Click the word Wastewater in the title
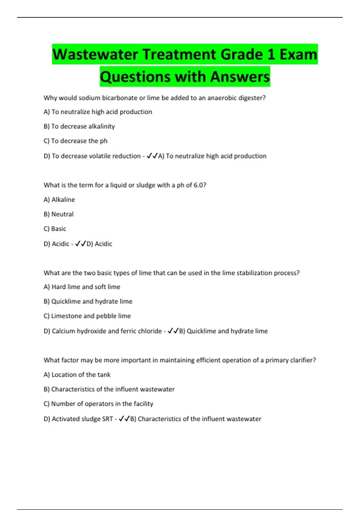tap(95, 55)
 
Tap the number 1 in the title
tap(271, 55)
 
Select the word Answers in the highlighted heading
tap(240, 77)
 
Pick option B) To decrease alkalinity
tap(79, 126)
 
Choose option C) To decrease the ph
tap(75, 141)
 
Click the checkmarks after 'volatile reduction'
tap(152, 156)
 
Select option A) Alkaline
tap(59, 199)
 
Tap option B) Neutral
tap(58, 214)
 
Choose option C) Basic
tap(55, 229)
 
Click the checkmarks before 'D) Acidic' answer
tap(81, 244)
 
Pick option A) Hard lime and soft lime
tap(82, 287)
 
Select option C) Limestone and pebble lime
tap(87, 316)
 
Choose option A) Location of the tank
tap(77, 375)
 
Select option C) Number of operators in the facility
tap(98, 404)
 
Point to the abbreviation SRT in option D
tap(107, 419)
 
